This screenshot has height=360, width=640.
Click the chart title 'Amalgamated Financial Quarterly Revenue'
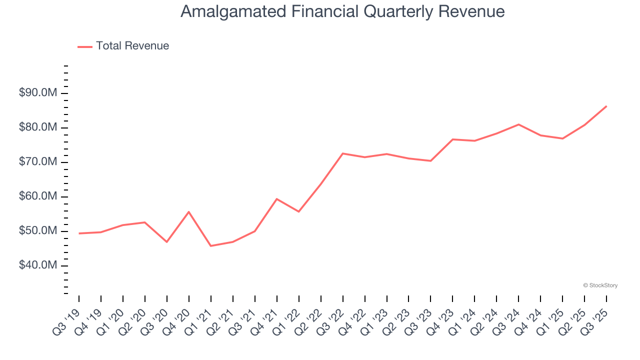342,11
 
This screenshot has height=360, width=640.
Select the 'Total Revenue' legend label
132,46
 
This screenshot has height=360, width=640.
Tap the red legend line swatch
85,46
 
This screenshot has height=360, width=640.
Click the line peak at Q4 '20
189,212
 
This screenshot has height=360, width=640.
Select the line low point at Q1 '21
211,245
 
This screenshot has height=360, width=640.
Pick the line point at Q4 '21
277,199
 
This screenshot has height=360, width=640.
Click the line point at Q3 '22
343,153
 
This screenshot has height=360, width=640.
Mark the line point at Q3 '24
519,124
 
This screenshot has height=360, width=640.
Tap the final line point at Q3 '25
606,106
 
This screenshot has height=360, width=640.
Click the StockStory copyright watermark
600,285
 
